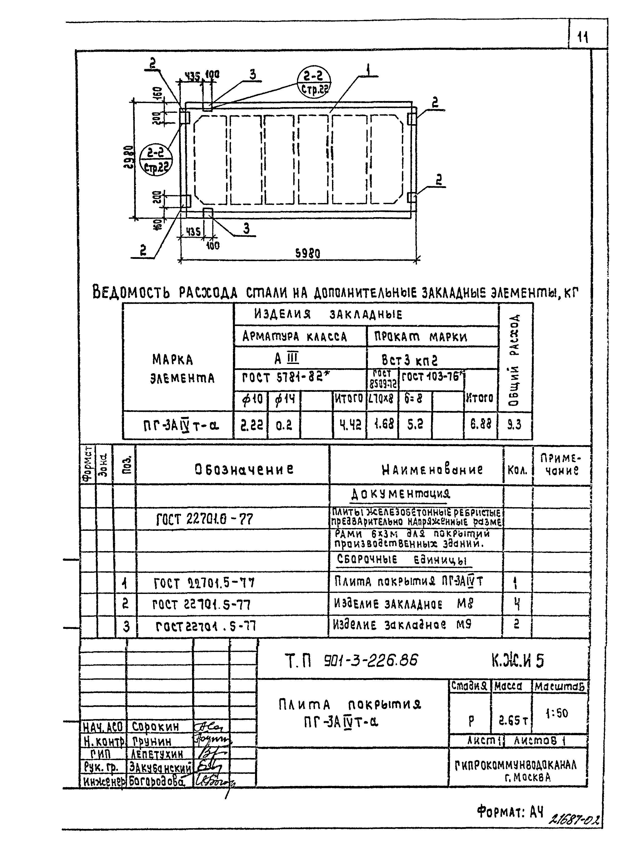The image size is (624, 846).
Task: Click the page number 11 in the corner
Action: [583, 38]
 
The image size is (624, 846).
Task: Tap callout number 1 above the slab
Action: [368, 70]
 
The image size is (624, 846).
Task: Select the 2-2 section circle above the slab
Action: [314, 82]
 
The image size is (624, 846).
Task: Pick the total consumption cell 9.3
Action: [514, 425]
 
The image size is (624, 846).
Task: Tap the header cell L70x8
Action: [382, 398]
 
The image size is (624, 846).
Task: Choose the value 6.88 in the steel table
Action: [480, 425]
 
